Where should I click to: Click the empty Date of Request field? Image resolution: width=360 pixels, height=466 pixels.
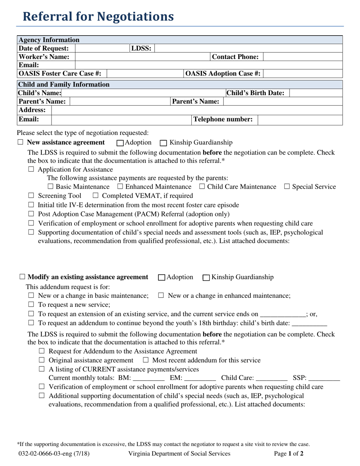pos(102,48)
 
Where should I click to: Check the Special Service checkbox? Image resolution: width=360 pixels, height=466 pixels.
pos(287,187)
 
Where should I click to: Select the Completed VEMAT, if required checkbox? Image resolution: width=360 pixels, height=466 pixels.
pos(95,196)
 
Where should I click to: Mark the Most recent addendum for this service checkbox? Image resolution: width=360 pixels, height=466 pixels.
pos(146,360)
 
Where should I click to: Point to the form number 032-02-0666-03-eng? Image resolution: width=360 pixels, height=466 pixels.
pos(53,453)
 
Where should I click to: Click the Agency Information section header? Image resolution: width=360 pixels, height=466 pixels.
pos(49,40)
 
